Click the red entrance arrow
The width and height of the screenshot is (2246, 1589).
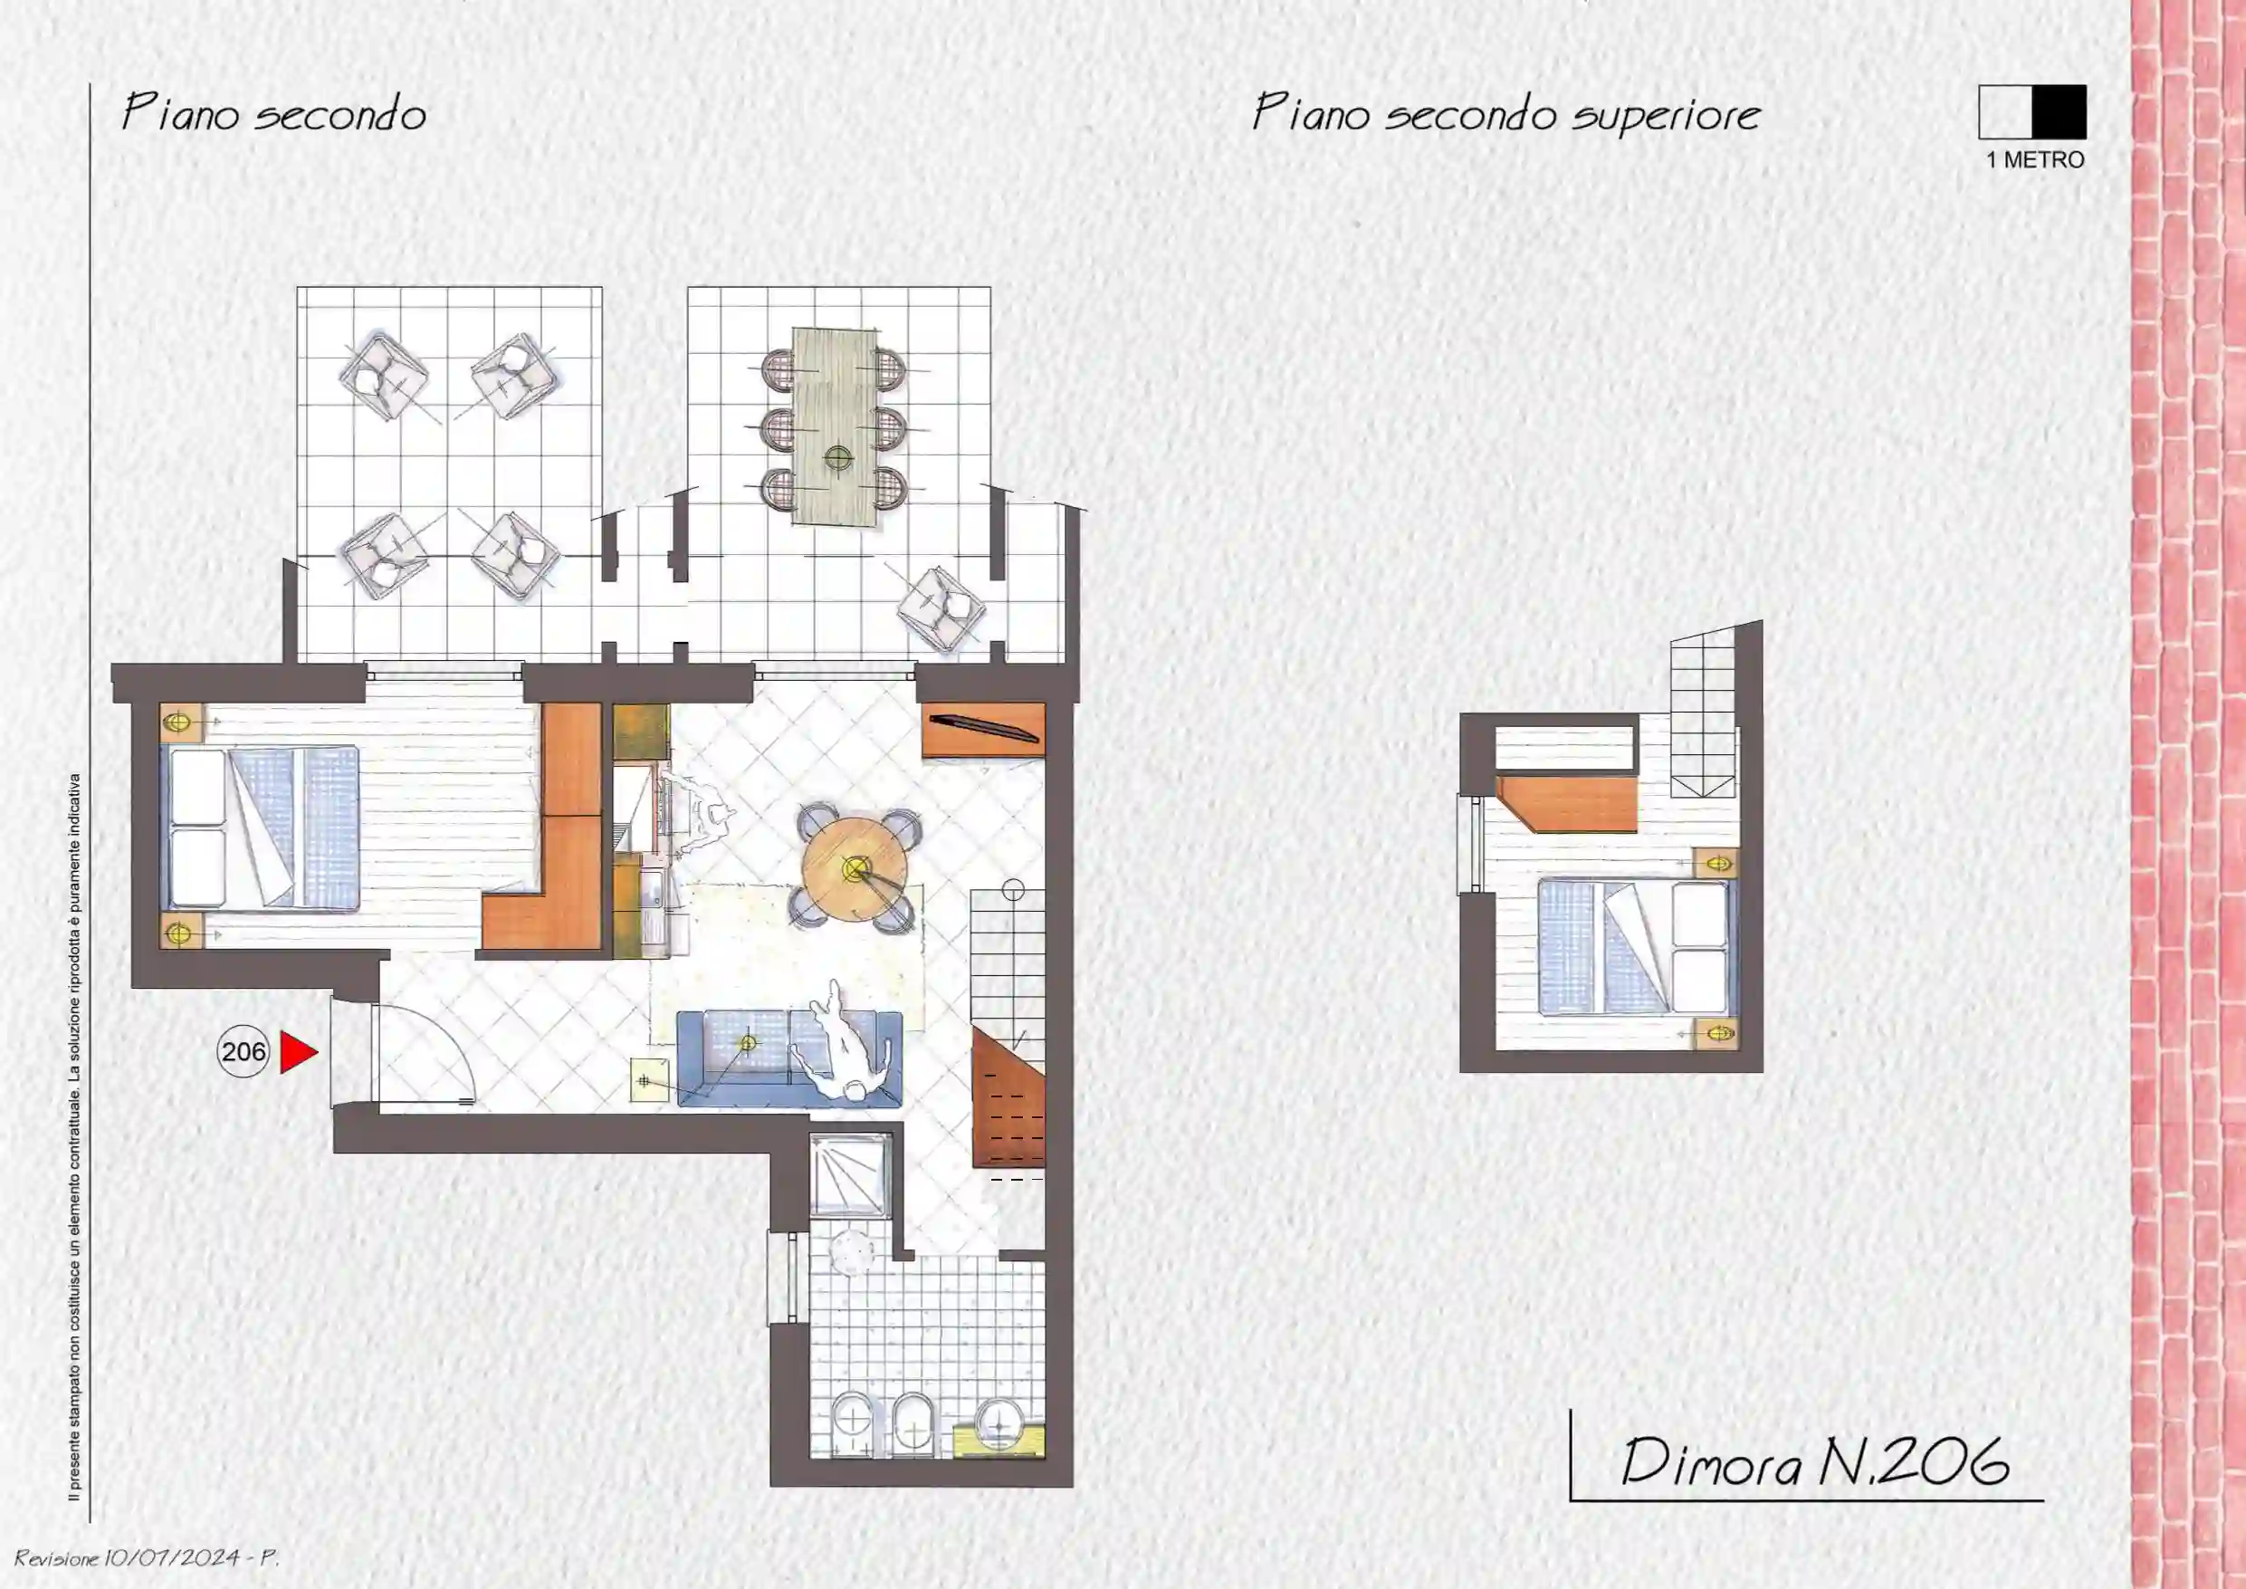point(297,1052)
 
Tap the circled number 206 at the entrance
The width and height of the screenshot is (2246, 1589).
point(243,1052)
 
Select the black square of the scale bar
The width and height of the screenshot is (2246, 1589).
point(2060,111)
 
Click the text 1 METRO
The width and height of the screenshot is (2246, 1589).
point(2035,159)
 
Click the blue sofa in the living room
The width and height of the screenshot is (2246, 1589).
point(789,1058)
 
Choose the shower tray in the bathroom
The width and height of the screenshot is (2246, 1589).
point(849,1176)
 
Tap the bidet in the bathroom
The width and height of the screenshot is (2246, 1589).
point(912,1422)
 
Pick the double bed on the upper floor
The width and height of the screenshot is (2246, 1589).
point(1636,946)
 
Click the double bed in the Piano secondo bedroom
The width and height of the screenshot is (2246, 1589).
point(259,829)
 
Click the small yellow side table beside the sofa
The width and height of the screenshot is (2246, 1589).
point(651,1080)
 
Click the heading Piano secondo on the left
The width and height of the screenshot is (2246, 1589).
point(274,113)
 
